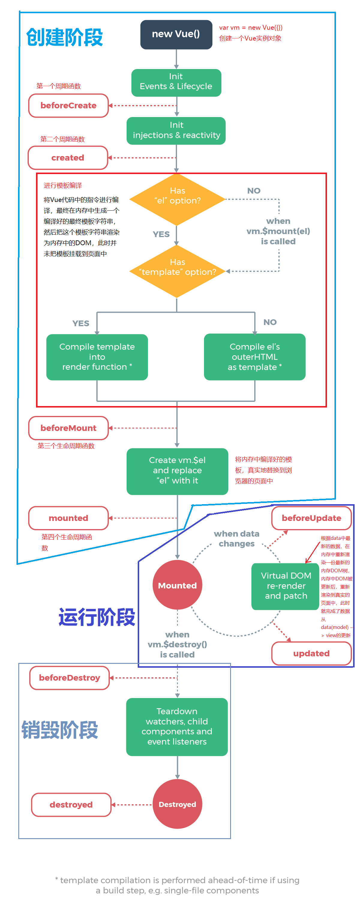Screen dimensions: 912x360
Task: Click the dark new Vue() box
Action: click(x=176, y=34)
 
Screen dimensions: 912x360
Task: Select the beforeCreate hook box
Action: click(x=68, y=106)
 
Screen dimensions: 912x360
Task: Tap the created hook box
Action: click(x=67, y=158)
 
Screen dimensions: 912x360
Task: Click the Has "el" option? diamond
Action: click(x=177, y=199)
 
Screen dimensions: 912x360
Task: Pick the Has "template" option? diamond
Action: click(x=177, y=271)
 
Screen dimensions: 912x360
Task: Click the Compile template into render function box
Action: click(x=97, y=357)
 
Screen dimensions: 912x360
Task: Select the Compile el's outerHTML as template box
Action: click(x=254, y=357)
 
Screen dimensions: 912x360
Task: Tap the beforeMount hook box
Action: click(x=68, y=428)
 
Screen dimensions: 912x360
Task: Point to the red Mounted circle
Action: click(x=177, y=585)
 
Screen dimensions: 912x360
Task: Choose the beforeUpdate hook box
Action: click(x=311, y=518)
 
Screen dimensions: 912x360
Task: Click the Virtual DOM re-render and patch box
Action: click(x=285, y=586)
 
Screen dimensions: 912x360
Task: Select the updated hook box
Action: click(x=311, y=653)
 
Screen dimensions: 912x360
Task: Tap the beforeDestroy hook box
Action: click(x=69, y=678)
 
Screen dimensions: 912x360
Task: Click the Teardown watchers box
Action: click(x=177, y=727)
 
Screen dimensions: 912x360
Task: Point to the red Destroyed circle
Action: click(x=177, y=804)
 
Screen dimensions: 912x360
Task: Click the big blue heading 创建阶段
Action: click(x=64, y=38)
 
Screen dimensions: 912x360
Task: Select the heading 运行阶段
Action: click(x=97, y=617)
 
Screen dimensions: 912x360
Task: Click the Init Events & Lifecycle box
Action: click(x=176, y=82)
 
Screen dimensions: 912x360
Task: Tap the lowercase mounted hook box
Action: click(x=68, y=518)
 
